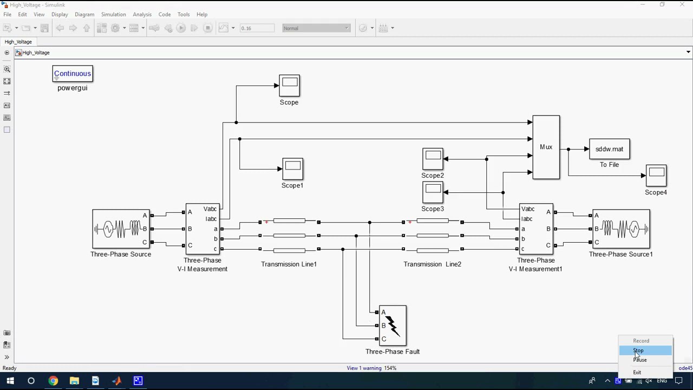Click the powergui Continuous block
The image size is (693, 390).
pyautogui.click(x=73, y=74)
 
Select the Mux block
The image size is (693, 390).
pyautogui.click(x=546, y=147)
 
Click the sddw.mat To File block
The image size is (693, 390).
pyautogui.click(x=609, y=149)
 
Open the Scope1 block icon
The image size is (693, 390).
pyautogui.click(x=292, y=168)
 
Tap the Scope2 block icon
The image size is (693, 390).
pyautogui.click(x=433, y=159)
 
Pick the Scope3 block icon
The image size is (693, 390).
pyautogui.click(x=433, y=192)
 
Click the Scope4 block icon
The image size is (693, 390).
pyautogui.click(x=656, y=175)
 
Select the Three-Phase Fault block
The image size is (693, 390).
pyautogui.click(x=393, y=326)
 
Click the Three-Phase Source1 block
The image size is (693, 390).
pyautogui.click(x=621, y=229)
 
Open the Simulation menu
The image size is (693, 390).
pyautogui.click(x=113, y=14)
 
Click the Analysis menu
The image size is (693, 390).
pyautogui.click(x=142, y=14)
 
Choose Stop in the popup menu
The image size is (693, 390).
pyautogui.click(x=639, y=350)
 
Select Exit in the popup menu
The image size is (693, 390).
pyautogui.click(x=637, y=372)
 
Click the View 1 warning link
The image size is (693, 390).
pyautogui.click(x=364, y=368)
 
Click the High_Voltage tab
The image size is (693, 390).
pyautogui.click(x=18, y=42)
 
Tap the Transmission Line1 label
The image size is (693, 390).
pyautogui.click(x=289, y=264)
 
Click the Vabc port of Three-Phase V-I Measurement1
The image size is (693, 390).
pyautogui.click(x=527, y=209)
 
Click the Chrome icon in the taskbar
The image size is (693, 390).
pyautogui.click(x=53, y=381)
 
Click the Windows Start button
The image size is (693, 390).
pyautogui.click(x=10, y=381)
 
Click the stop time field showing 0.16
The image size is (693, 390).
pyautogui.click(x=257, y=28)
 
